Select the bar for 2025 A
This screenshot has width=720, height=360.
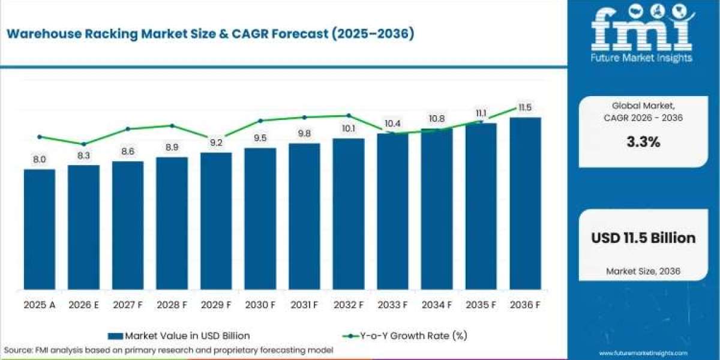click(40, 229)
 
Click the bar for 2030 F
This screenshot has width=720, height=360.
click(260, 218)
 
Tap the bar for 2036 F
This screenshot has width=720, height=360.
click(526, 203)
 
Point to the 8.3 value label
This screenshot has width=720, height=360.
click(83, 156)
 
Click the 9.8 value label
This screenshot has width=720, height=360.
click(304, 133)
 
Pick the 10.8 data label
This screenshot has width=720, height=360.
click(437, 119)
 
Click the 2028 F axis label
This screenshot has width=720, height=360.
click(172, 305)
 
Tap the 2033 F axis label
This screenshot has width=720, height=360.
click(392, 305)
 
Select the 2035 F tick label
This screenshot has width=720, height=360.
click(481, 305)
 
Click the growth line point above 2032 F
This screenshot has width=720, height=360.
click(349, 115)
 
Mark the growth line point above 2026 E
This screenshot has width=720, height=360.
click(83, 144)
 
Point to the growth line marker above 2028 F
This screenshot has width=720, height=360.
click(172, 125)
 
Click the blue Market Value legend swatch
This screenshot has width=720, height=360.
click(115, 336)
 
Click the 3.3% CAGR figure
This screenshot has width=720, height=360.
click(643, 142)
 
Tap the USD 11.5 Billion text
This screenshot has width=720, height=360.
click(643, 238)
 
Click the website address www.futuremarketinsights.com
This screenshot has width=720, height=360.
click(643, 353)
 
